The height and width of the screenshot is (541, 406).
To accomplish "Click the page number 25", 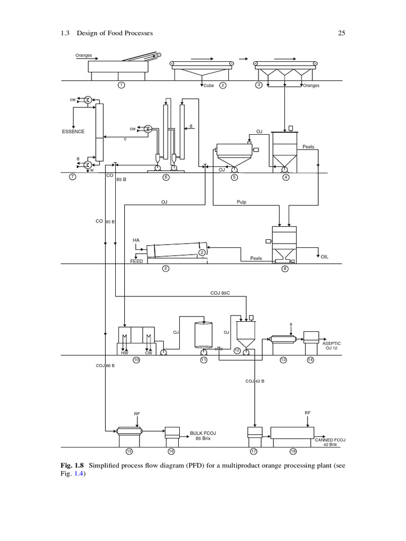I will coord(341,33).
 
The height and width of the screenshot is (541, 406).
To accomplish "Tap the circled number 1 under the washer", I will coord(122,85).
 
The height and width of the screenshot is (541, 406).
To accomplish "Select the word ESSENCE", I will coord(73,132).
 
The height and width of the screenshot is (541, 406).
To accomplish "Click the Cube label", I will coord(209,86).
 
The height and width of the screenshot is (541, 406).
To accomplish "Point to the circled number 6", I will coord(166,177).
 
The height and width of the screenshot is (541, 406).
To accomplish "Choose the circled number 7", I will coord(72,177).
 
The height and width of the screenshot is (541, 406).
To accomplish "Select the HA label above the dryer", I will coord(136,240).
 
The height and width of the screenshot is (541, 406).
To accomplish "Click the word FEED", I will coord(136,261).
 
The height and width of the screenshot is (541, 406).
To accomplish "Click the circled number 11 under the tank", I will coord(204,360).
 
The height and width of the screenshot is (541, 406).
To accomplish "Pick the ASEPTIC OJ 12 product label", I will coord(331,346).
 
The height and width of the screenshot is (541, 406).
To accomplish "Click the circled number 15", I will coord(129,451).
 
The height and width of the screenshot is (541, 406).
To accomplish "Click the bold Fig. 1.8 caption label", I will coord(73,465).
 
